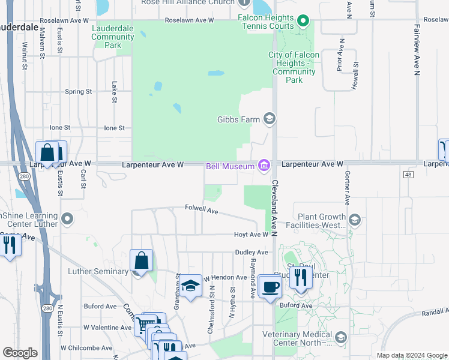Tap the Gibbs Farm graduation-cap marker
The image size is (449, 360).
(270, 119)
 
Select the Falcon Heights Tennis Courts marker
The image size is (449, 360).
(303, 22)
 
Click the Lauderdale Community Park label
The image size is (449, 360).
(113, 37)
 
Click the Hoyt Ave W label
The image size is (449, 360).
(251, 235)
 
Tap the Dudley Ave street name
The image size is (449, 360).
(246, 253)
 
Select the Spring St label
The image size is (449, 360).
(78, 92)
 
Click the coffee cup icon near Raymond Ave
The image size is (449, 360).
(270, 286)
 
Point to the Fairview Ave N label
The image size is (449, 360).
(416, 50)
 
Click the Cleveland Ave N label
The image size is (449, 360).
(274, 199)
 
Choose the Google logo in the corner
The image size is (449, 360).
(20, 353)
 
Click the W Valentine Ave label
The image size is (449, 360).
(107, 328)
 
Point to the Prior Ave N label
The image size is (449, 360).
(340, 53)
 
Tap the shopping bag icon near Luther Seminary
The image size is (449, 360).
(141, 261)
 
